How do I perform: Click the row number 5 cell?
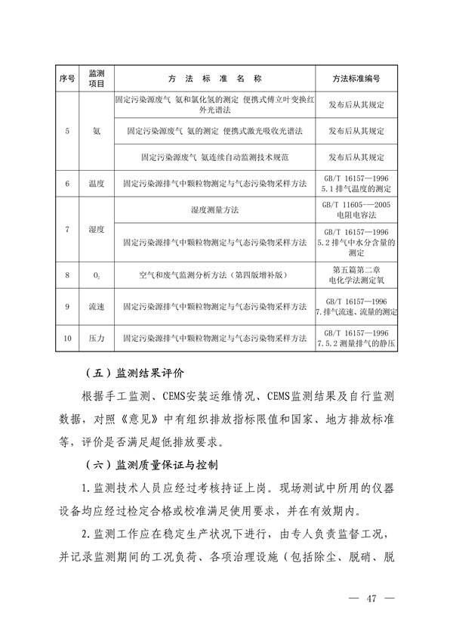coord(67,131)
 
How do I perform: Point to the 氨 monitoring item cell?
coord(97,131)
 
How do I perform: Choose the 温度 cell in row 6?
coord(97,183)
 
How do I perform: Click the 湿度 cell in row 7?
coord(97,228)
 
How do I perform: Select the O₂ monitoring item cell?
coord(97,276)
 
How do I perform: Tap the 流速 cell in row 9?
coord(97,307)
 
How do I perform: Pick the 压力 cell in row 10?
coord(97,337)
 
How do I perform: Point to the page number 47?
coord(371,599)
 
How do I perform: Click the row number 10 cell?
coord(67,337)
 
